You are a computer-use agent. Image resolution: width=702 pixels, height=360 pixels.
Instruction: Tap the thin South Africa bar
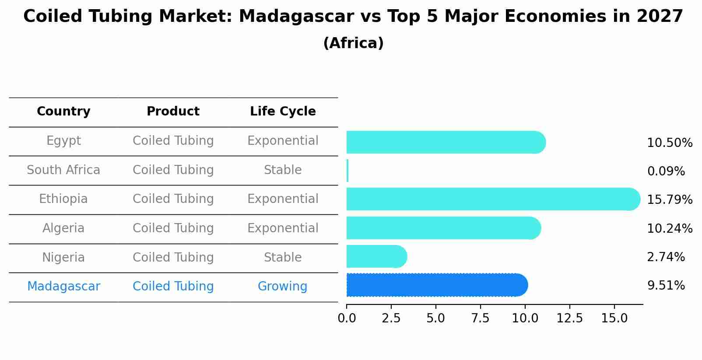[347, 171]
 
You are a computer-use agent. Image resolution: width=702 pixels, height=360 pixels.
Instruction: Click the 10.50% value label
[669, 143]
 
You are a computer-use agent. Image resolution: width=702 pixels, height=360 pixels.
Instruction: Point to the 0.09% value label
[666, 171]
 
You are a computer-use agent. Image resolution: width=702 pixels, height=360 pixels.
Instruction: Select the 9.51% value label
[666, 286]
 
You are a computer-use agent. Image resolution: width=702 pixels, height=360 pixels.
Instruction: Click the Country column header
[63, 112]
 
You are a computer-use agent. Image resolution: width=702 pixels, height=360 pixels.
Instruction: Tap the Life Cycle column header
[283, 112]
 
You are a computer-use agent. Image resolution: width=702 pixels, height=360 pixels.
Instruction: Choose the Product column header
[173, 112]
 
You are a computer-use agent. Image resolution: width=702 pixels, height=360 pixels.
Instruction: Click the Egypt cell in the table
[63, 141]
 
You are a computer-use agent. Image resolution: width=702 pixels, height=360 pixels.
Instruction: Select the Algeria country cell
[63, 228]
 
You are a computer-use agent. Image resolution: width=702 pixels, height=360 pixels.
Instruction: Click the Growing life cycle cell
[282, 287]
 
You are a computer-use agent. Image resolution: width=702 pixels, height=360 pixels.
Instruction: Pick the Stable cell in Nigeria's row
[283, 258]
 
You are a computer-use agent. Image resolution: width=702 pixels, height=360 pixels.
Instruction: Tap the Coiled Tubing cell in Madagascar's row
[173, 287]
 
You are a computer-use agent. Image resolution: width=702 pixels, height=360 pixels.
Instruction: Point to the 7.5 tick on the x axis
[480, 318]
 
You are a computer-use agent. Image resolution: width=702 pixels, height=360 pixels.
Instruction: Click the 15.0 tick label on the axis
[614, 318]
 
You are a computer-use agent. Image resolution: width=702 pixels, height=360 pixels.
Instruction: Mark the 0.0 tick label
[347, 318]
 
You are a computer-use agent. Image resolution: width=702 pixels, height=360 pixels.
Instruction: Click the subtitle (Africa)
[353, 43]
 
